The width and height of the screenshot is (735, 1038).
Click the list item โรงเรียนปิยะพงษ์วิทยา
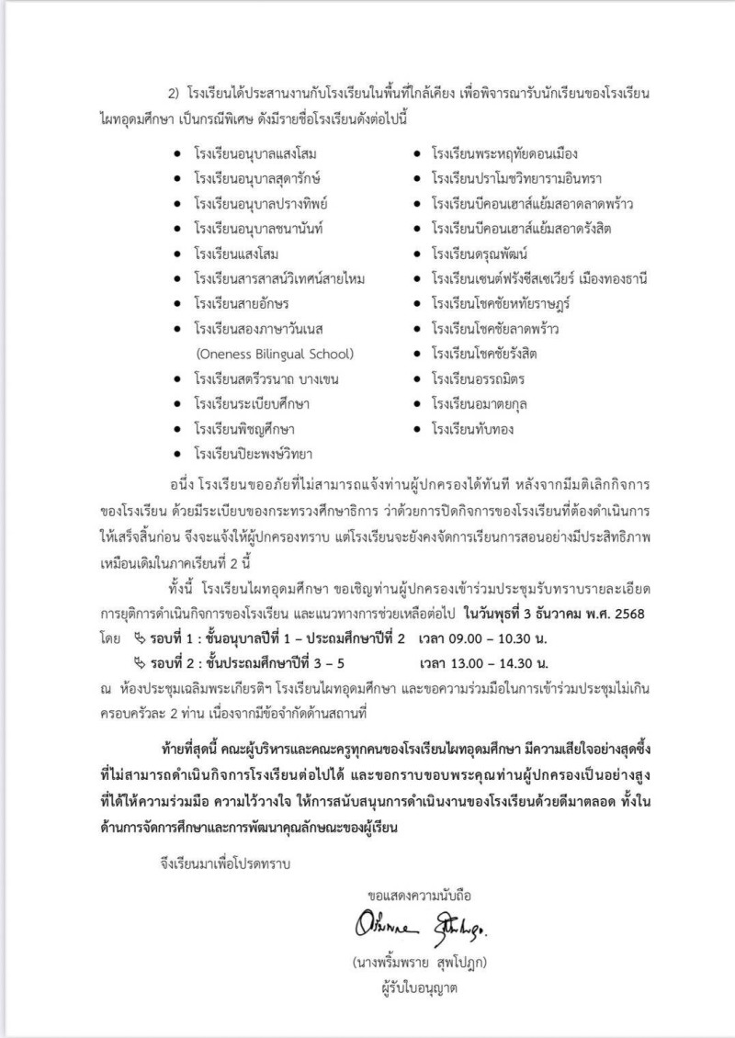coord(253,453)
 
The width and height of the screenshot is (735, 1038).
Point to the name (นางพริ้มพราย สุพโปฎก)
coord(424,963)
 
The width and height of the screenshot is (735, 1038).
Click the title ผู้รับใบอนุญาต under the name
coord(424,987)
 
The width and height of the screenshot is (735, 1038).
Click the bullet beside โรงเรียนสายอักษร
coord(177,303)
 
